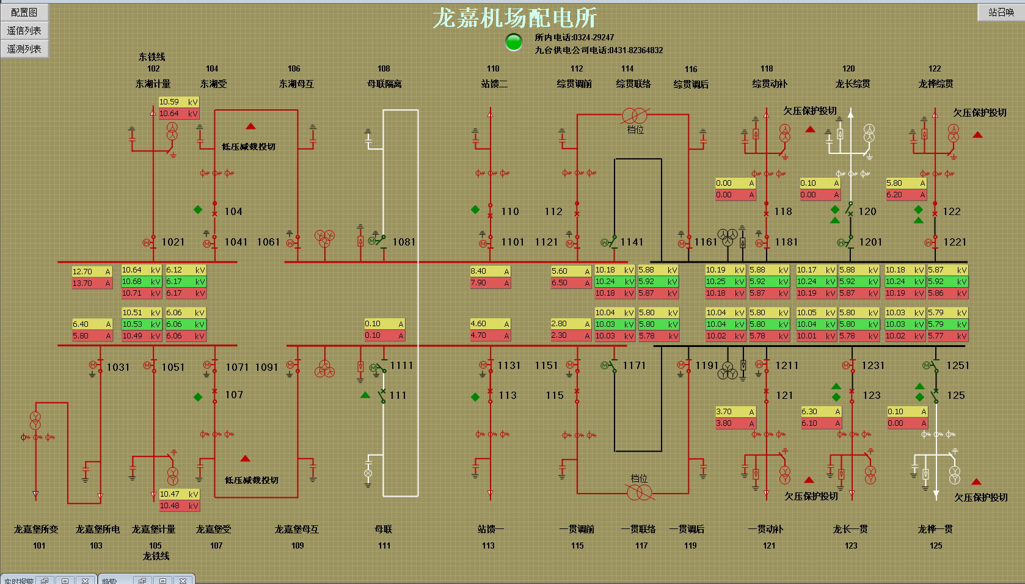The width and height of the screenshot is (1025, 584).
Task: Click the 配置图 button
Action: click(x=24, y=12)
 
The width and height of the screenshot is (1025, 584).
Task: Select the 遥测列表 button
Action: click(x=24, y=49)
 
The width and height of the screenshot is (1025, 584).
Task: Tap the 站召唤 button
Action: click(x=1001, y=12)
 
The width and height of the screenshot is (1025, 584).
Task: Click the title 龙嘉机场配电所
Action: click(x=514, y=18)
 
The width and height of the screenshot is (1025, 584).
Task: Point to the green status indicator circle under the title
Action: click(x=514, y=42)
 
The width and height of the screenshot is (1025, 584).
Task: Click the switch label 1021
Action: click(x=173, y=243)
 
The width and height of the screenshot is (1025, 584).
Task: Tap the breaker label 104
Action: click(x=233, y=212)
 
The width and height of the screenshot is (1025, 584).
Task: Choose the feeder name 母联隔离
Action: click(x=384, y=84)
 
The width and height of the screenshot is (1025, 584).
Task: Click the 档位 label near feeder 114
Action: click(x=635, y=130)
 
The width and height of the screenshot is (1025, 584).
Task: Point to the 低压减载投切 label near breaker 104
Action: click(x=249, y=147)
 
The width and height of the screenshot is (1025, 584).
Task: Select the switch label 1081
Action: click(x=404, y=243)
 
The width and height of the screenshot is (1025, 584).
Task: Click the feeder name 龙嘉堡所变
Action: click(x=37, y=530)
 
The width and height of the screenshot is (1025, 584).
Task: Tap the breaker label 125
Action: click(x=956, y=396)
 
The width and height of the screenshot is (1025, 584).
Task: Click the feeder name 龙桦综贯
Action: click(x=936, y=84)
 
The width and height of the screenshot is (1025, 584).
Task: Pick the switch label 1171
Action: click(x=634, y=366)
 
